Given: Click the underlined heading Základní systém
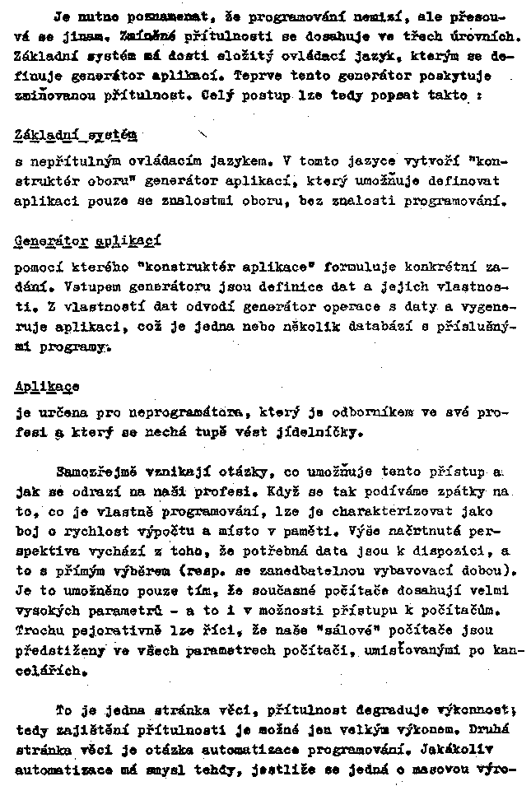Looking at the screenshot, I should [x=76, y=134].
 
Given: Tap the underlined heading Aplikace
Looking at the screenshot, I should [x=47, y=387].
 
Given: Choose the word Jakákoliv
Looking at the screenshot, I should [x=471, y=750].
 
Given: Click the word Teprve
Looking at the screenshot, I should [x=258, y=76].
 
